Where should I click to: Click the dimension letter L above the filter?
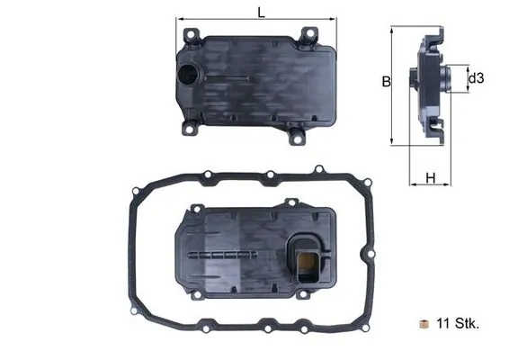(259, 12)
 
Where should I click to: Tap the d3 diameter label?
(477, 79)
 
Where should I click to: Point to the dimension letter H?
(430, 178)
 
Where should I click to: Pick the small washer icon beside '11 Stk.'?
(424, 322)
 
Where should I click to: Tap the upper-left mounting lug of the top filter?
(190, 32)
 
